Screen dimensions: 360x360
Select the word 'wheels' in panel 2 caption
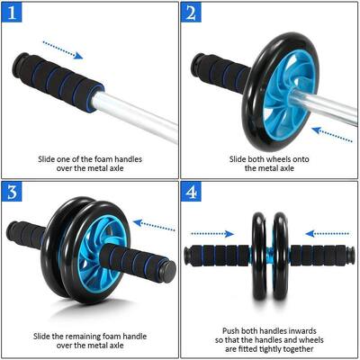266,159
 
